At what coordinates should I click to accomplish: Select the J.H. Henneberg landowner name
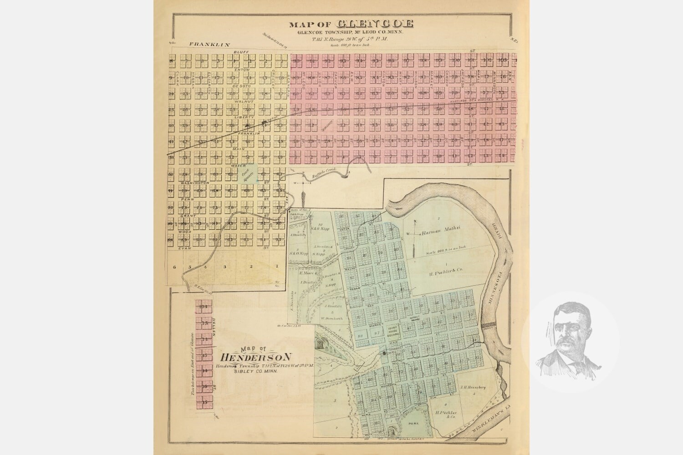click(474, 387)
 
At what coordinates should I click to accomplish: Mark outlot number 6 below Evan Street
click(174, 267)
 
